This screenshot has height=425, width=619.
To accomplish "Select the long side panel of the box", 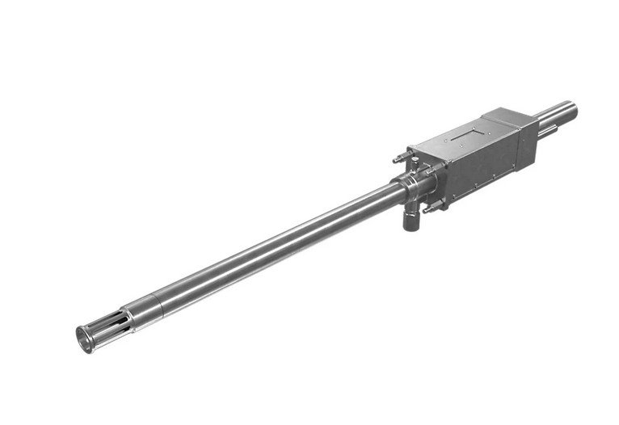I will (485, 166).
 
